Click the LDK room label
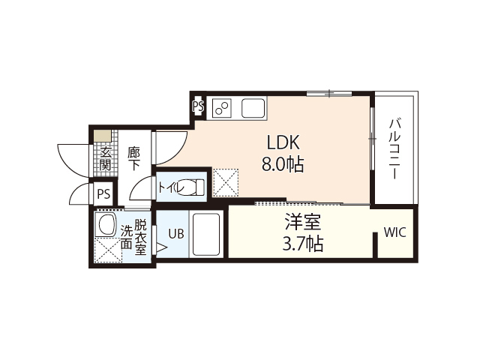click(x=283, y=142)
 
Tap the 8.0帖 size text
click(x=283, y=165)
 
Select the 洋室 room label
click(x=303, y=223)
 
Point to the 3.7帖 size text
click(x=303, y=244)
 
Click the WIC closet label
click(x=394, y=232)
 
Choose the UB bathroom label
click(x=175, y=233)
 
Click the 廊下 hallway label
click(x=133, y=158)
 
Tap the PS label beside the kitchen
click(x=198, y=107)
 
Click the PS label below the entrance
click(x=103, y=194)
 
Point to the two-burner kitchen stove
click(x=222, y=108)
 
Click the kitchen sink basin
click(x=254, y=108)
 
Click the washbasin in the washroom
click(x=106, y=226)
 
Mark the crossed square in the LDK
click(x=225, y=181)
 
